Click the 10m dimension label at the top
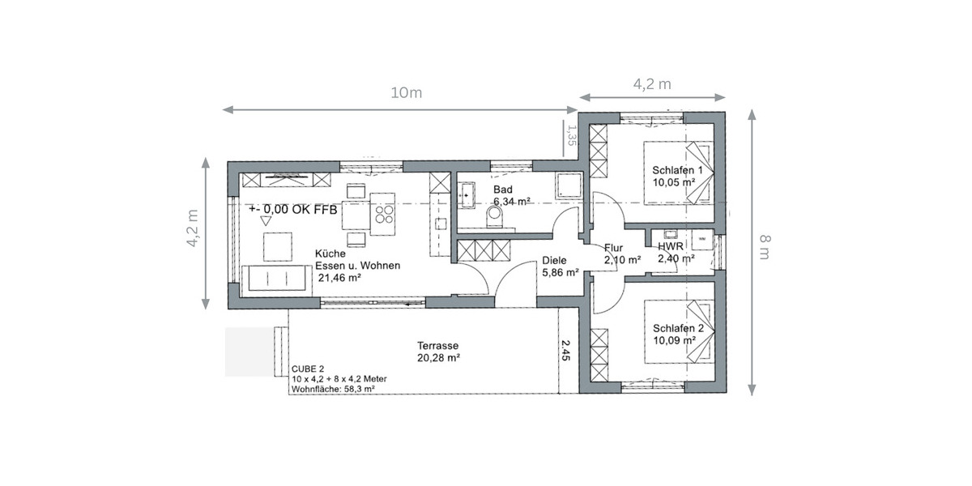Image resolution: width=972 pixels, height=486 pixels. coord(406,92)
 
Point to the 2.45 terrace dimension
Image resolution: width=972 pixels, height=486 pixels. coord(567,349)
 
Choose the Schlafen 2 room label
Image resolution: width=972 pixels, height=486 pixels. coord(678,328)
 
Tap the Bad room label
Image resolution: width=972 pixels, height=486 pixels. coord(502,190)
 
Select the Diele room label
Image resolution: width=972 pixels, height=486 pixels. coord(554,261)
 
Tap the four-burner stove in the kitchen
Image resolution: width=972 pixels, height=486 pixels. coord(383,215)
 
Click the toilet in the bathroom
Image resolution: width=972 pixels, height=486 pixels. coord(493,215)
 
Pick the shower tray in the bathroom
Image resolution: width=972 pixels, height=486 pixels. coord(566,185)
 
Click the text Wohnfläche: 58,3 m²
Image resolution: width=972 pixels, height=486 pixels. coord(333,389)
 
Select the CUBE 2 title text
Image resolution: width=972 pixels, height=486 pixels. coord(308,369)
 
